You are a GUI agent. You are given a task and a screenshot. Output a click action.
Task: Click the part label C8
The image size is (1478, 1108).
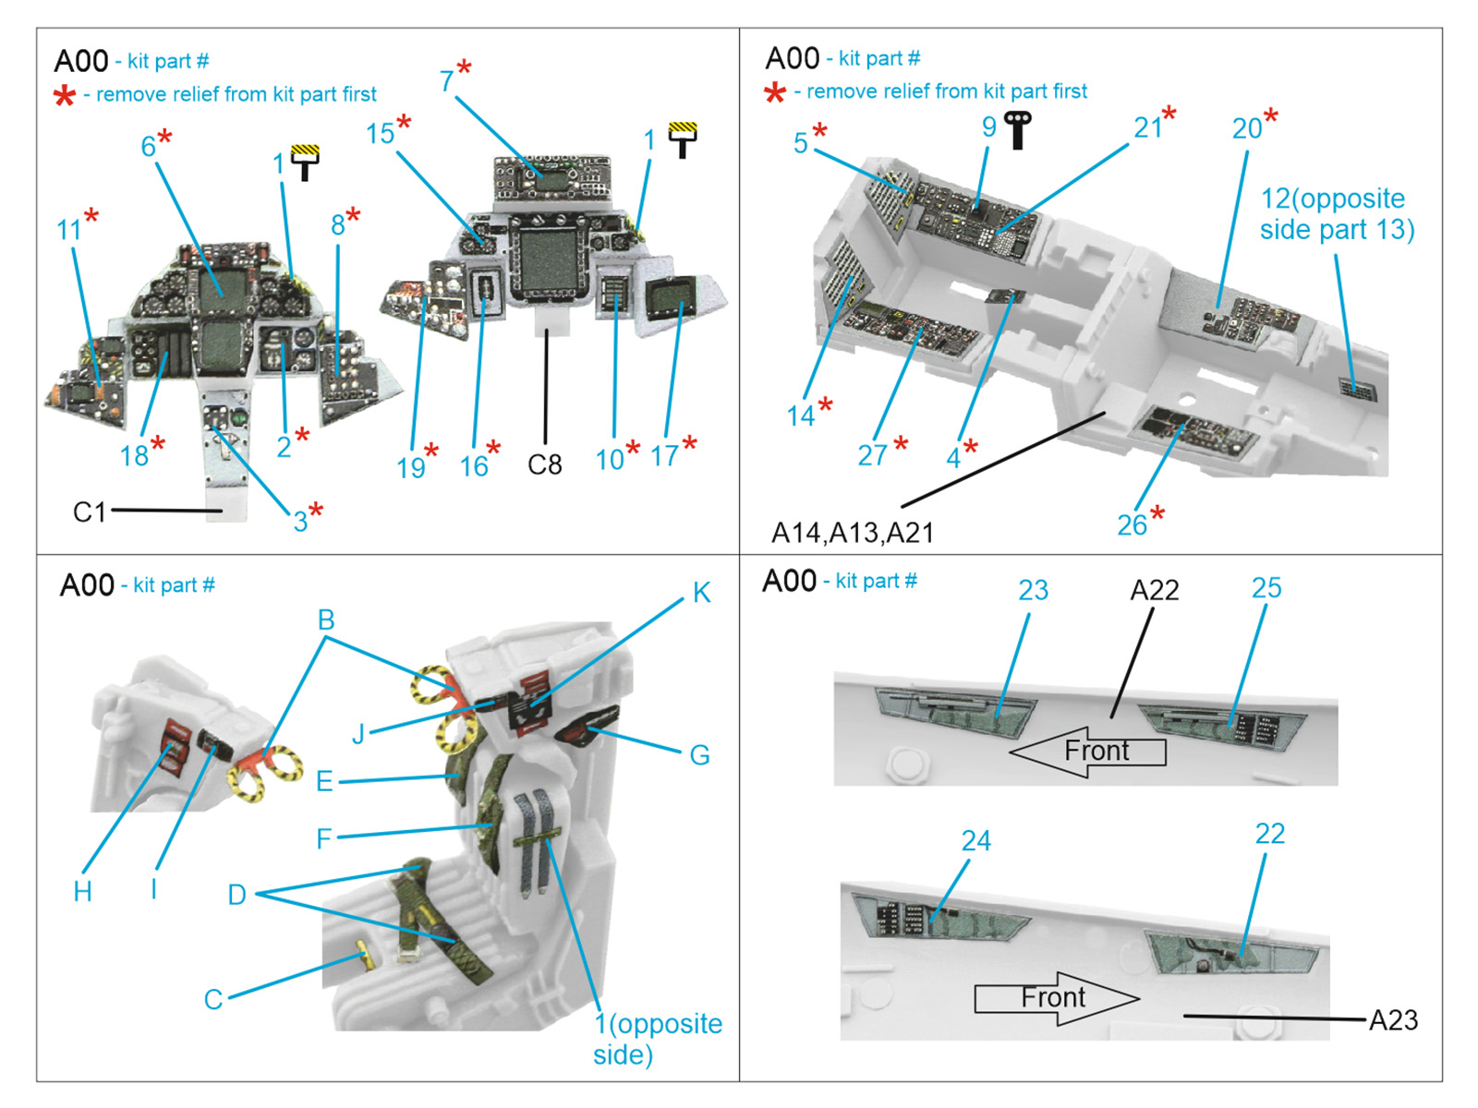pos(544,464)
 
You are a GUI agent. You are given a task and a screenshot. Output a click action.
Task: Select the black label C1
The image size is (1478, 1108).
pos(90,512)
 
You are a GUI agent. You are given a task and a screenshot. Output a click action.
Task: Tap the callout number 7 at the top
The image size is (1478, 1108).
pos(447,81)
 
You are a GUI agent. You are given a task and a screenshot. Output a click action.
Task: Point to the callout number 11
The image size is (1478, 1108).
pos(69,229)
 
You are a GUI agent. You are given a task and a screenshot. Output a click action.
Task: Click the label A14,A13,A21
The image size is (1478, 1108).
pos(852,533)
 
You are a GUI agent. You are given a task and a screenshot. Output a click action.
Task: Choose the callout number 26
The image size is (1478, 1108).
pos(1132,524)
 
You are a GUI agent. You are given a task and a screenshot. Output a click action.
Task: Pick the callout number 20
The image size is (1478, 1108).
pos(1246,128)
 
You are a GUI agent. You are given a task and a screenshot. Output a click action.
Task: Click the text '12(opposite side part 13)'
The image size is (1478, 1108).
pos(1336,213)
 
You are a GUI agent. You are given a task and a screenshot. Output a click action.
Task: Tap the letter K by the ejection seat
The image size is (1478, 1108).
pos(701,593)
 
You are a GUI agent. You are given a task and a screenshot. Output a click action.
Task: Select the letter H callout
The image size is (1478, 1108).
pos(82,891)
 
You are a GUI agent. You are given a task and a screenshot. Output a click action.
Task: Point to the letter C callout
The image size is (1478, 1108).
pos(213,999)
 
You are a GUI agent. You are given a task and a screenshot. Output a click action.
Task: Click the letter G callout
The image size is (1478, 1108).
pos(699,755)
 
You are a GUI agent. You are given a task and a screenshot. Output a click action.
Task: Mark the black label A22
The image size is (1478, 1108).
pos(1155,590)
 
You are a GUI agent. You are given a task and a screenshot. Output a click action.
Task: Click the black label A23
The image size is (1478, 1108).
pos(1393,1019)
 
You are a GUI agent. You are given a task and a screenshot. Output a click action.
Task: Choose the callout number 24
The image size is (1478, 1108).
pos(975,840)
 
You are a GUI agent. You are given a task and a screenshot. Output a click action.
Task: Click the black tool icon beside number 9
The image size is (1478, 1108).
pos(1018,129)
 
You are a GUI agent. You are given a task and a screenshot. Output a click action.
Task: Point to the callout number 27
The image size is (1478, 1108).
pos(872,455)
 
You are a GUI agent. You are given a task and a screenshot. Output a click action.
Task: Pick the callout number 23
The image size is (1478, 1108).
pos(1033,590)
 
